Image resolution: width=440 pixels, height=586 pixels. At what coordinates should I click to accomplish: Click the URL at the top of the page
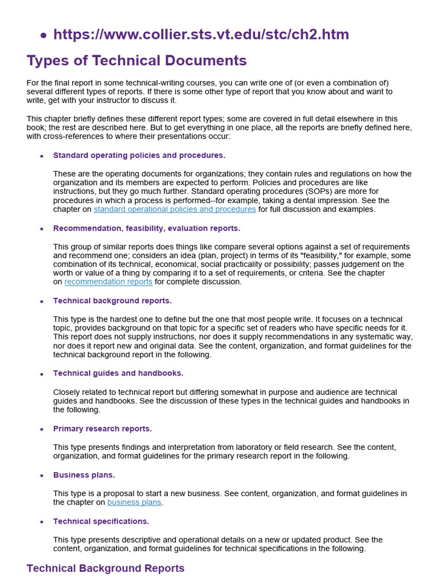click(201, 34)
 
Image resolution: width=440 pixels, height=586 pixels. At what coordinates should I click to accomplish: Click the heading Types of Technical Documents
click(136, 61)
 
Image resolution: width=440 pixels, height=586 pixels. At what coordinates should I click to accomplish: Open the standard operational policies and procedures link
click(175, 209)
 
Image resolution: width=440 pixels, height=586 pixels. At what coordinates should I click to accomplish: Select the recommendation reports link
click(108, 282)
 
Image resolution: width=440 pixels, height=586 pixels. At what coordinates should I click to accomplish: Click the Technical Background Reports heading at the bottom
click(105, 568)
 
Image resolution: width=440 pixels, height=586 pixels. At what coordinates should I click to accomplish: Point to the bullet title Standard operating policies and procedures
click(139, 156)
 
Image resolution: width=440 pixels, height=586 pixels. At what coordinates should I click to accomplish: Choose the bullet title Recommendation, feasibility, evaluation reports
click(147, 228)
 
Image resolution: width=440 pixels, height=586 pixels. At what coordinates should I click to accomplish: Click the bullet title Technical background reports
click(112, 301)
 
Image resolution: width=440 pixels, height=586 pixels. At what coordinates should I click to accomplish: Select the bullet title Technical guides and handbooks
click(118, 374)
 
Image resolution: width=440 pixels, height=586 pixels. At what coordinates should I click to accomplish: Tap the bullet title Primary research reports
click(103, 429)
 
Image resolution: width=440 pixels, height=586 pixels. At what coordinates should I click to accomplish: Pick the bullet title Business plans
click(84, 475)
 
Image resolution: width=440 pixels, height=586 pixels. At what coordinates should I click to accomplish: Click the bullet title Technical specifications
click(101, 521)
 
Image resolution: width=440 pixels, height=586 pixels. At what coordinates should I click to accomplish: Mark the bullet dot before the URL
click(44, 35)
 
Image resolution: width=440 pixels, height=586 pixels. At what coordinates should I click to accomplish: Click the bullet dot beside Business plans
click(42, 476)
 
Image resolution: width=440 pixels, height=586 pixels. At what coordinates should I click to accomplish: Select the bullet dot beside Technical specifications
click(42, 522)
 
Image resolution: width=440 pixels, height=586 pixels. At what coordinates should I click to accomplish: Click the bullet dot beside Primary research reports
click(42, 429)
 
